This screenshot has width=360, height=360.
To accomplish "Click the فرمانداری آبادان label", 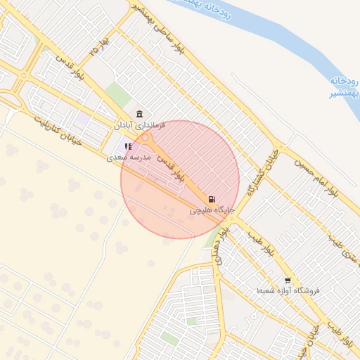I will click(140, 125).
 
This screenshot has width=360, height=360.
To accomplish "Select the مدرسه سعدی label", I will click(129, 157).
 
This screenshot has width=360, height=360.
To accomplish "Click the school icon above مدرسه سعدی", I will click(128, 146).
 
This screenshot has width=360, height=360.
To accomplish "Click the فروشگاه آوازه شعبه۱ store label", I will click(288, 290).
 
